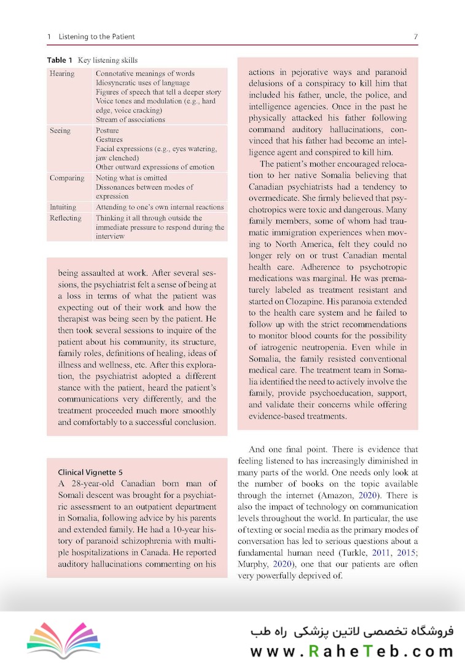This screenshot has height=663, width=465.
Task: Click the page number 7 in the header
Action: click(416, 37)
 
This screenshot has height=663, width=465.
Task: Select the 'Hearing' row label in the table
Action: click(62, 74)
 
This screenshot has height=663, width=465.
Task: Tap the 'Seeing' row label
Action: click(60, 131)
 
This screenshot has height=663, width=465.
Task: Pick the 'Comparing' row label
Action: click(67, 178)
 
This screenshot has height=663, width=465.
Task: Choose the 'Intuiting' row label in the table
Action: click(63, 207)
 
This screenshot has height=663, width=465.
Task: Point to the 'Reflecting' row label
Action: click(65, 218)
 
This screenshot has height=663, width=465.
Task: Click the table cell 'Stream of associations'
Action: click(130, 120)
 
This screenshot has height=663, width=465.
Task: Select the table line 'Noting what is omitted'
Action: click(131, 178)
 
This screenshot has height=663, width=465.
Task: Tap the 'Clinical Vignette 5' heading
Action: click(90, 472)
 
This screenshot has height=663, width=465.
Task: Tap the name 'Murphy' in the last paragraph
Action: click(251, 564)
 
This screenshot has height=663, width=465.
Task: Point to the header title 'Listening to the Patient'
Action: click(96, 37)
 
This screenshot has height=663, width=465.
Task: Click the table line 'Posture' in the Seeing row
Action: click(107, 131)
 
